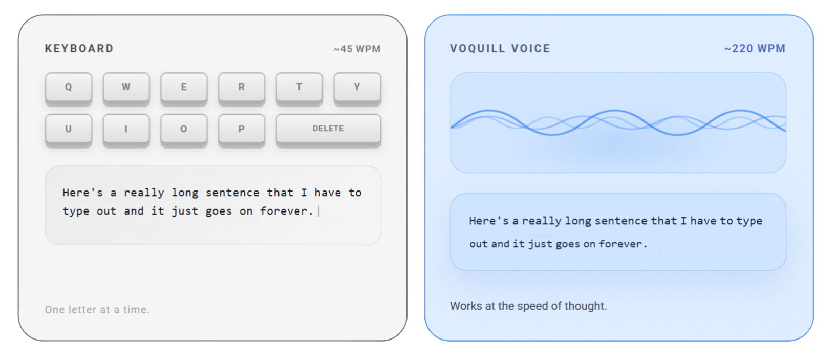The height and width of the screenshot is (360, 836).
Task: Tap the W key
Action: coord(126,87)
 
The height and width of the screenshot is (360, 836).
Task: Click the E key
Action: coord(184,87)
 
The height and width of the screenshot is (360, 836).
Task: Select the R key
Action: coord(241,87)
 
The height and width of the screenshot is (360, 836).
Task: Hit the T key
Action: coord(299,87)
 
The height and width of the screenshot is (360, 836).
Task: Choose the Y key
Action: coord(357,87)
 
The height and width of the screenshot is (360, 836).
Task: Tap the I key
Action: coord(126,129)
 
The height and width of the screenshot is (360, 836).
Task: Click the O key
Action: coord(184,129)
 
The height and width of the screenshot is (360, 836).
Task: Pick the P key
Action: coord(241,129)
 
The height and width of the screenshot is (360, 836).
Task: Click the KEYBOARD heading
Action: coord(79,49)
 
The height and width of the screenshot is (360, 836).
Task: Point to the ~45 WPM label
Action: coord(357,49)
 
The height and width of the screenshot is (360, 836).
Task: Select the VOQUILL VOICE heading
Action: coord(500,49)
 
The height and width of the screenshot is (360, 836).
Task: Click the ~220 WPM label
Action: coord(755,49)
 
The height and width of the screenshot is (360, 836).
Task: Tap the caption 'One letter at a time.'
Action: coord(97,310)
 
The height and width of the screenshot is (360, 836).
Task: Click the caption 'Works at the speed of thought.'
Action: coord(528,306)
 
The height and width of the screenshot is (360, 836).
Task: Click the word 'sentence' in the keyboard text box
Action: coord(232,193)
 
